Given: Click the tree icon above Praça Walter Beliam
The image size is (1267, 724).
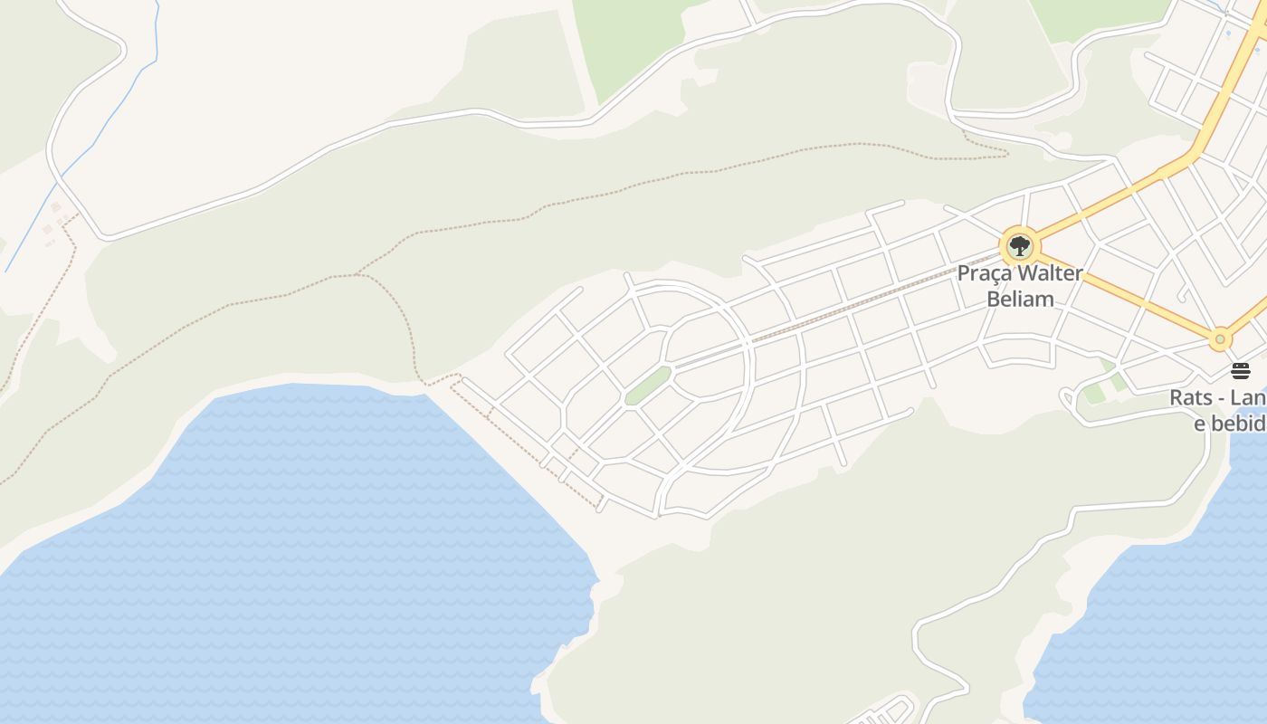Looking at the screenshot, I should [x=1020, y=245].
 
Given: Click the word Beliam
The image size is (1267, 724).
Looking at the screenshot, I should [x=1020, y=299].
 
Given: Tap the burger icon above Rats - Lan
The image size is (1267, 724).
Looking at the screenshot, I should [x=1240, y=371].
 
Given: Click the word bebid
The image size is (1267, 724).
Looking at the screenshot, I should [x=1235, y=423].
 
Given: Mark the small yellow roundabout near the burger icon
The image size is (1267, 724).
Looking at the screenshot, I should [x=1220, y=340].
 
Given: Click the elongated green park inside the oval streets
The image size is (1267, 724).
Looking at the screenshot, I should [x=647, y=386].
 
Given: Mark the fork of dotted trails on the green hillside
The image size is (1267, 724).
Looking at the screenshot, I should [x=358, y=274].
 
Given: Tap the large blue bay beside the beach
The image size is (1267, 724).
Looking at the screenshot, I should [x=299, y=543].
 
